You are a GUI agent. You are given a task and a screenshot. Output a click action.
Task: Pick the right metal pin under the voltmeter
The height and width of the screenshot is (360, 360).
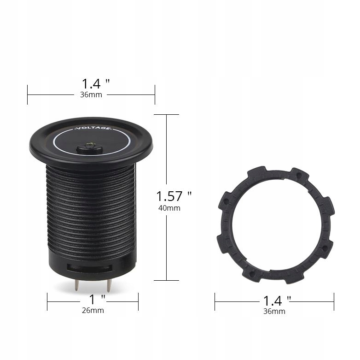109,285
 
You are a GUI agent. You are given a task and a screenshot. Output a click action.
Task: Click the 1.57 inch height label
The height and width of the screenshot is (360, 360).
174,196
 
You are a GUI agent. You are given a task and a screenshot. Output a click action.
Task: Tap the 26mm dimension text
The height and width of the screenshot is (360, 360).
93,310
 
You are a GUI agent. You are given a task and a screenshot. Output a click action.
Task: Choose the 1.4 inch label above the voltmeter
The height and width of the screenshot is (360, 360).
96,83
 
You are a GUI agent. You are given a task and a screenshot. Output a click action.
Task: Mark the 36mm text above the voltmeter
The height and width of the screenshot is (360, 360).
91,94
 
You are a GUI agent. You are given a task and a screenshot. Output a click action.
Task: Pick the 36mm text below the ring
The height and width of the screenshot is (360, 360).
274,311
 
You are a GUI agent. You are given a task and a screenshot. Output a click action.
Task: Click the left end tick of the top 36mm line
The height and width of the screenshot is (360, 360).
28,94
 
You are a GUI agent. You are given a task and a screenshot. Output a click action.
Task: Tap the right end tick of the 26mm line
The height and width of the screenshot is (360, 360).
138,302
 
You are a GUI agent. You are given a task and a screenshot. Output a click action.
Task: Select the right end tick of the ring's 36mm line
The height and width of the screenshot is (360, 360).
334,302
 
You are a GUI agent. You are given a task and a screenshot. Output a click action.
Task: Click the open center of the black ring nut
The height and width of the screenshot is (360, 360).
274,225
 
